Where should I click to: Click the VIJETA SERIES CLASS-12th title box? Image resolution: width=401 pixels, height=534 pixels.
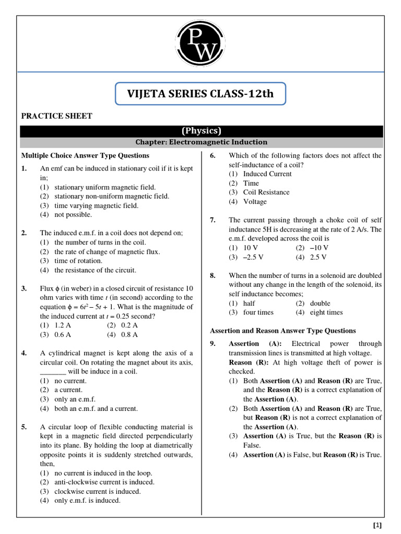pos(200,94)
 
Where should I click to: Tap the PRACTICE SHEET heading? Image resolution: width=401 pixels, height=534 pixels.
pos(56,116)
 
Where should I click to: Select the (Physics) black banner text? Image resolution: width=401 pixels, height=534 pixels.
pos(201,131)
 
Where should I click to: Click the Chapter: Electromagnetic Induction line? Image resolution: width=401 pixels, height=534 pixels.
pos(201,142)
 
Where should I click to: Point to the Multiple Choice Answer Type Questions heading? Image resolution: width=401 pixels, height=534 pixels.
pos(85,155)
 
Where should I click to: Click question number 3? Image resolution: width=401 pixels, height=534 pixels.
pos(24,288)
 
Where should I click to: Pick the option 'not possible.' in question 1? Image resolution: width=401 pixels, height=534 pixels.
pos(73,214)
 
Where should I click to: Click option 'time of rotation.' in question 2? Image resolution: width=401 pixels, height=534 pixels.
pos(78,261)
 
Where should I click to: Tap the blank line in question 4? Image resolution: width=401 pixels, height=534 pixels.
pos(53,372)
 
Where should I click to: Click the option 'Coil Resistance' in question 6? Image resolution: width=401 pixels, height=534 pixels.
pos(266,192)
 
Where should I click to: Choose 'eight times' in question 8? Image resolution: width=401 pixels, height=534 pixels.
pos(326,312)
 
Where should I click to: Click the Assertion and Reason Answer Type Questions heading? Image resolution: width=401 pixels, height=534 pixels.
pos(282,331)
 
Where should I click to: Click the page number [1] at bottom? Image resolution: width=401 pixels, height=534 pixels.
pos(378,525)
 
